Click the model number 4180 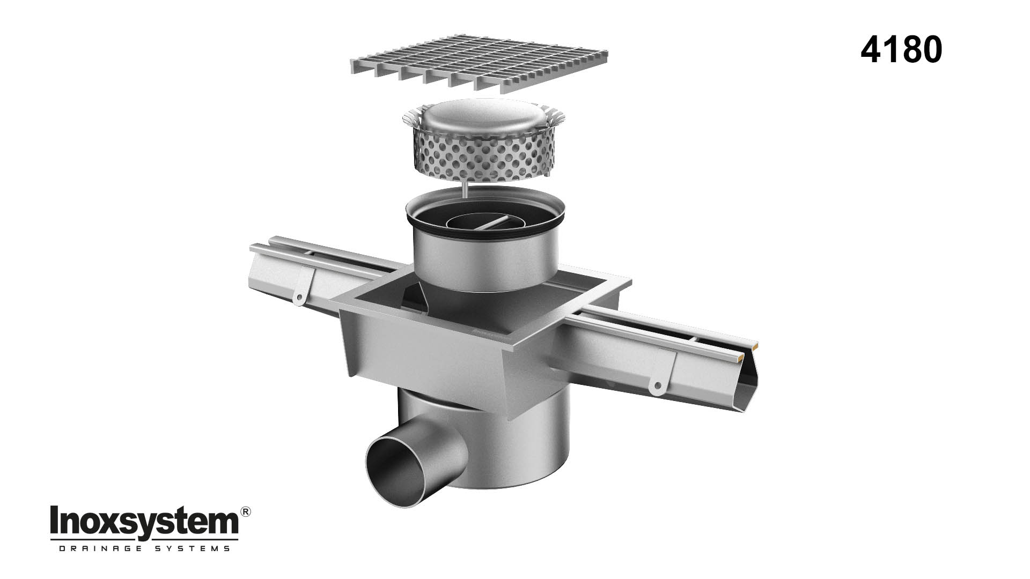click(x=901, y=50)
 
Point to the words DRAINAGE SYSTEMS click(x=144, y=548)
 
